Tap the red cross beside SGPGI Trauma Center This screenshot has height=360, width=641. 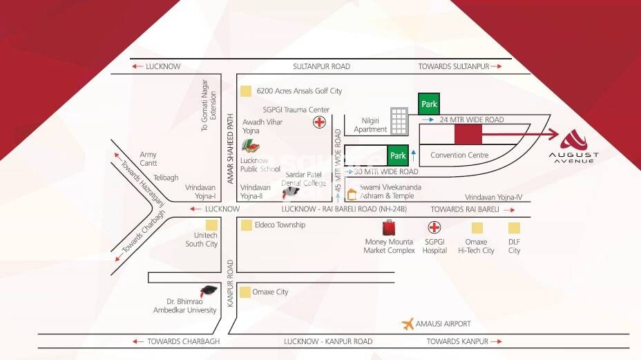[319, 123]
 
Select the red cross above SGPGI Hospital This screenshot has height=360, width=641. [434, 227]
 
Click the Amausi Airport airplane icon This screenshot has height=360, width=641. [409, 323]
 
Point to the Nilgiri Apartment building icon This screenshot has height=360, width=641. [399, 121]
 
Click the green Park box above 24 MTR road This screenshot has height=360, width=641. [429, 104]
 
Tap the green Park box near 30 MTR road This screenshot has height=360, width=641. [397, 156]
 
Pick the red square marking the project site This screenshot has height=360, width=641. [468, 134]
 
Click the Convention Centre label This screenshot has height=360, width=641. [459, 155]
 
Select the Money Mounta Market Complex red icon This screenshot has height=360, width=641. [389, 227]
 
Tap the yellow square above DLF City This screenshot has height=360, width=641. [514, 227]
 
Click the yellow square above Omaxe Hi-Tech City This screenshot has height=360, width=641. [477, 227]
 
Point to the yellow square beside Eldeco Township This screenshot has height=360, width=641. [246, 225]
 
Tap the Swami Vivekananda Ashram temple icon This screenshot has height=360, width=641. [352, 195]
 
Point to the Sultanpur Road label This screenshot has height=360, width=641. [321, 66]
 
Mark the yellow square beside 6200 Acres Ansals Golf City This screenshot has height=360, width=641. [245, 91]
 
